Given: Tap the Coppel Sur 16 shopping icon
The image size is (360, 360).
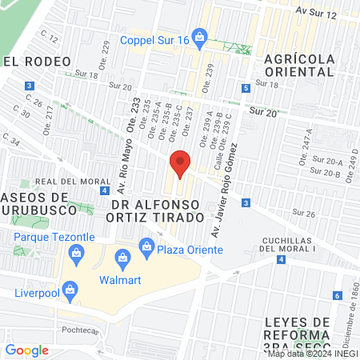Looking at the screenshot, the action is coord(200,37).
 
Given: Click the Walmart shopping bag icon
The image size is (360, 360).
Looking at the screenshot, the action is coord(122,257).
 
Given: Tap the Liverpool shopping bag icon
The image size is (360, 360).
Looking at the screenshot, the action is coord(70,289).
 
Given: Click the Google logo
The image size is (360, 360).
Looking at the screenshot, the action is coord(27,350).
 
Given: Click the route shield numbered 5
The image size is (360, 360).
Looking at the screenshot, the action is coord(245,89).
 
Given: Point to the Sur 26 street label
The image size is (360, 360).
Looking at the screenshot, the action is coord(304,214).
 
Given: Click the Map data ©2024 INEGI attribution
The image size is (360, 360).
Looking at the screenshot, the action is coord(313,353).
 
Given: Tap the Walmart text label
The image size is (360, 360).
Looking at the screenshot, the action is coord(120,280).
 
